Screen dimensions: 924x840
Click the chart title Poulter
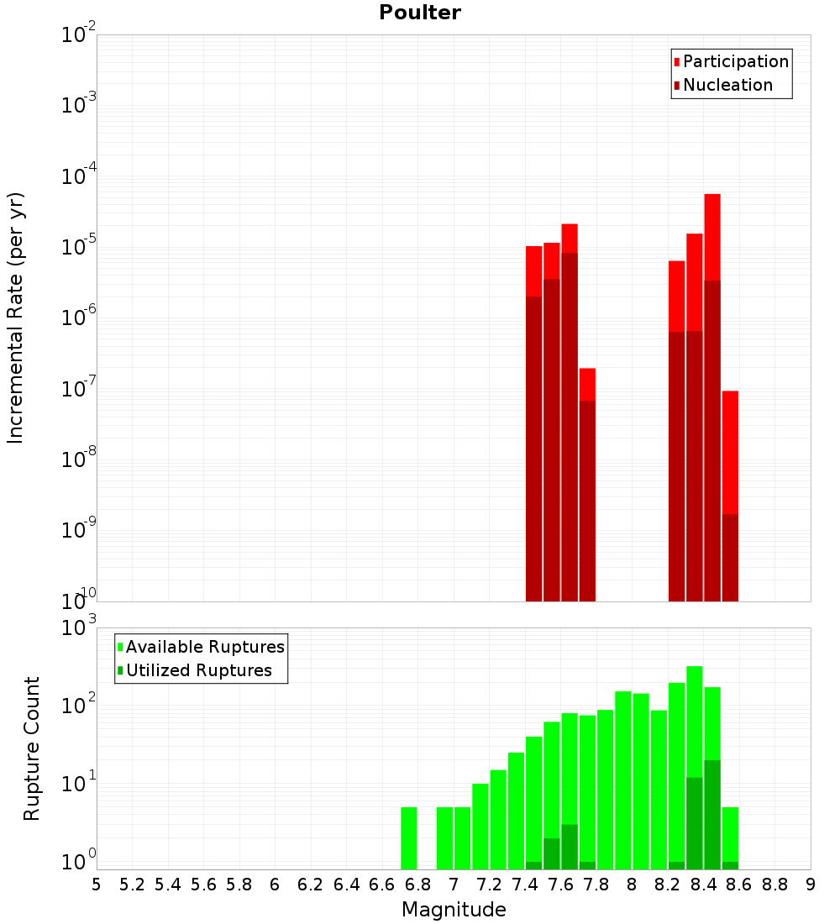(419, 13)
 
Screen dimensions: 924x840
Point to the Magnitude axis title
(454, 910)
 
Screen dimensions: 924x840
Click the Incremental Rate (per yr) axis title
(16, 318)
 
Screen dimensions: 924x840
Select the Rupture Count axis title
(32, 748)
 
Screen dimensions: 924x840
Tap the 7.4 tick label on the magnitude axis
(525, 885)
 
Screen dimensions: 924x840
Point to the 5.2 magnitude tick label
(132, 885)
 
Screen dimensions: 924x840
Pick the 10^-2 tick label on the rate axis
(80, 35)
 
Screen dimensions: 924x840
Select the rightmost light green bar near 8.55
(730, 832)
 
